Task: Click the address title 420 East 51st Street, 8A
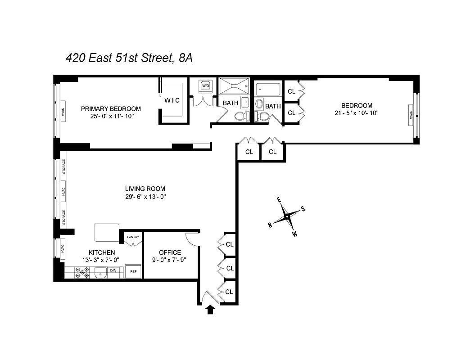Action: pyautogui.click(x=129, y=58)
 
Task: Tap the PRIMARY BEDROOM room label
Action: pyautogui.click(x=111, y=108)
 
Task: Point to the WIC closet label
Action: pyautogui.click(x=172, y=100)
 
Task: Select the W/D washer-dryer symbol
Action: pyautogui.click(x=206, y=85)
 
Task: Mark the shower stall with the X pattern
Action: pyautogui.click(x=234, y=85)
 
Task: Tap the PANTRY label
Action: pyautogui.click(x=133, y=237)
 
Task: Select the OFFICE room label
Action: pyautogui.click(x=170, y=252)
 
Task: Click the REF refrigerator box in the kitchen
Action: pyautogui.click(x=134, y=272)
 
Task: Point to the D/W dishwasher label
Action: pyautogui.click(x=113, y=270)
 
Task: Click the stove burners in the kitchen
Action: pyautogui.click(x=82, y=272)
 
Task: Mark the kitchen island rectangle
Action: pyautogui.click(x=107, y=232)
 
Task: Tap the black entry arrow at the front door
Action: pyautogui.click(x=210, y=310)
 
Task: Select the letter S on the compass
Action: pyautogui.click(x=303, y=208)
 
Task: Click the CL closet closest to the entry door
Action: pyautogui.click(x=229, y=292)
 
